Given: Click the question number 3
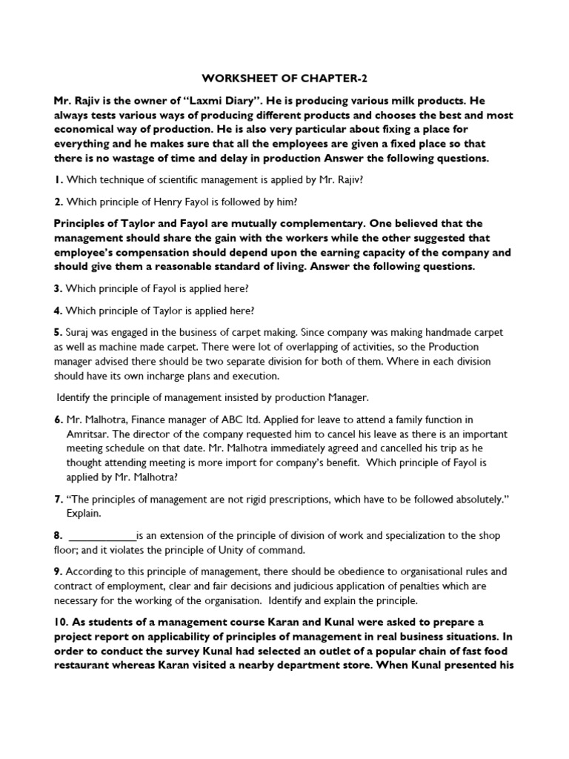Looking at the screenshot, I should (x=57, y=289).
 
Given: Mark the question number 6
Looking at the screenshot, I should (x=57, y=420).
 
